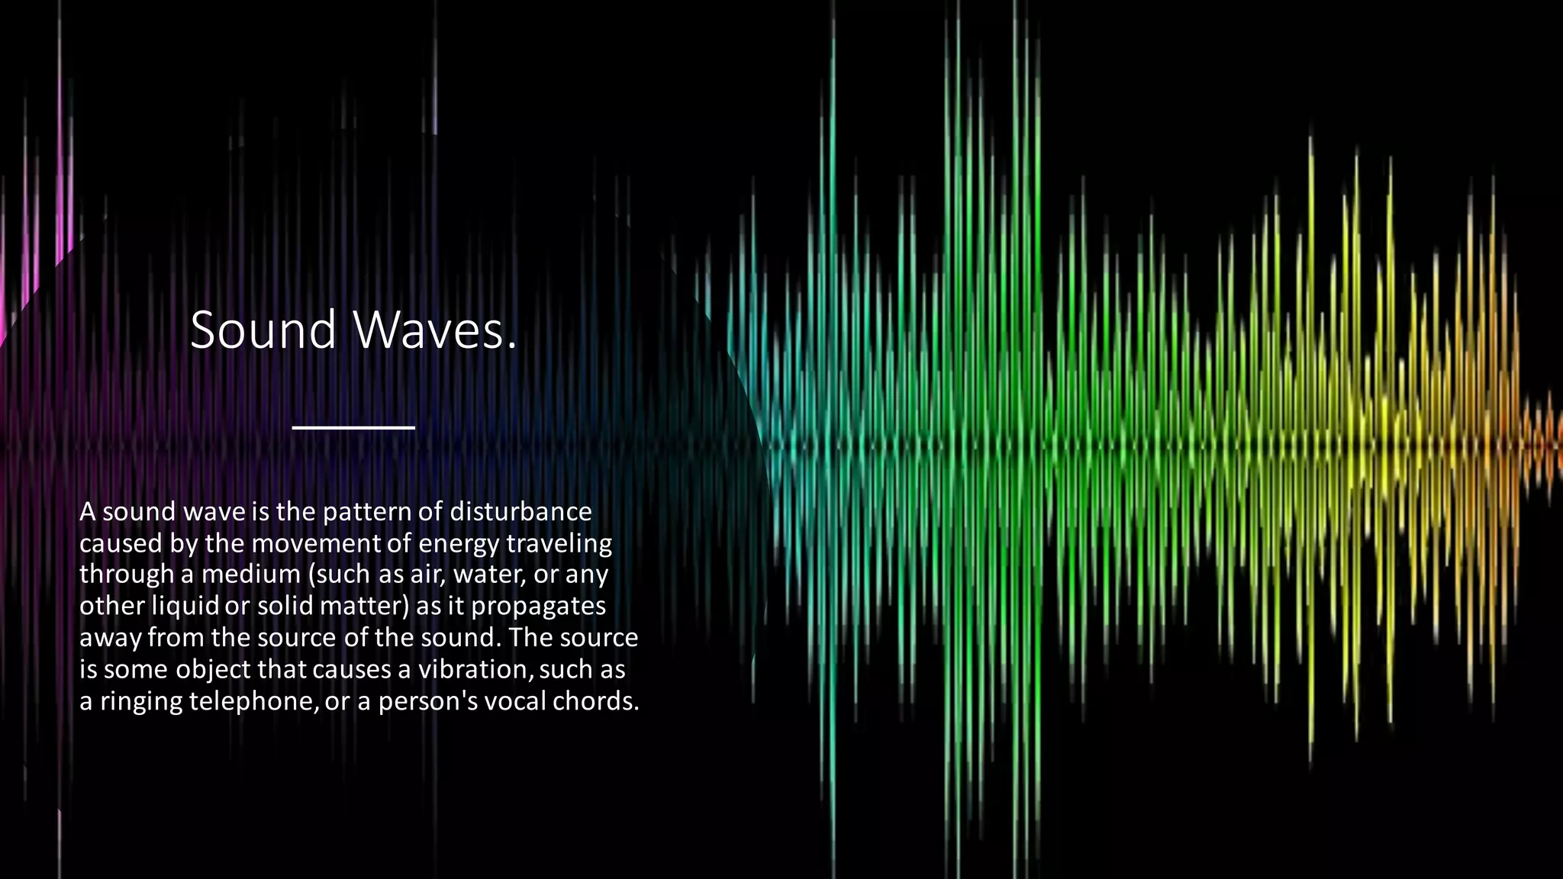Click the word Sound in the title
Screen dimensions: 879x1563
pyautogui.click(x=263, y=330)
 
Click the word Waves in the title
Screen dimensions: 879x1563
pyautogui.click(x=427, y=330)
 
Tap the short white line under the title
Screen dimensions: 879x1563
pyautogui.click(x=353, y=427)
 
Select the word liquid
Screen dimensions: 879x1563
pyautogui.click(x=185, y=606)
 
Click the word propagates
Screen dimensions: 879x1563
pyautogui.click(x=538, y=607)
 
